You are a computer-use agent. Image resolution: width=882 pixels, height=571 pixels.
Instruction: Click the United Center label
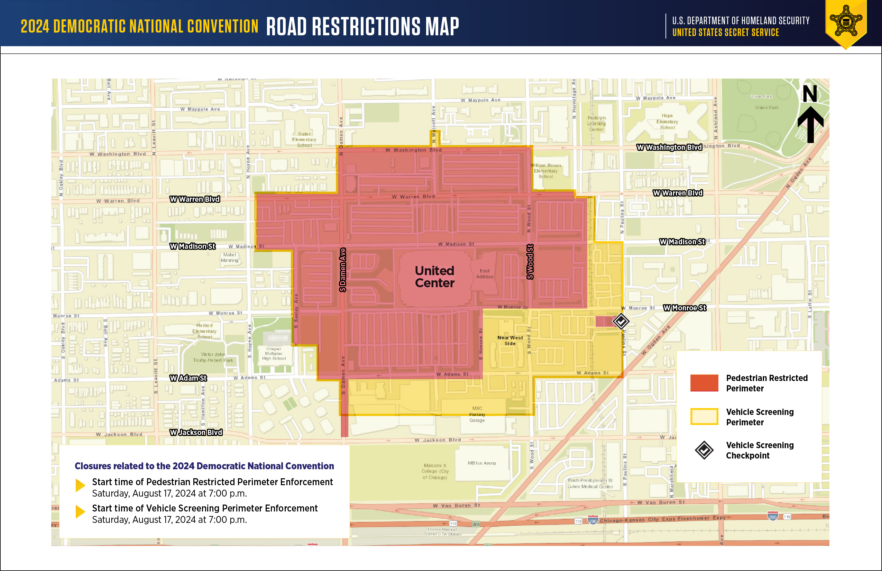434,277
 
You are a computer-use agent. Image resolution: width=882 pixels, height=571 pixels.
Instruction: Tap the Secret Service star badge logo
846,21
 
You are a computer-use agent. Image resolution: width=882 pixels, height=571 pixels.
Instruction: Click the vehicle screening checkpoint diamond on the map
621,321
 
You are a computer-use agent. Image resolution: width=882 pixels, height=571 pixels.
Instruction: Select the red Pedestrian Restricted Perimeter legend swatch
704,383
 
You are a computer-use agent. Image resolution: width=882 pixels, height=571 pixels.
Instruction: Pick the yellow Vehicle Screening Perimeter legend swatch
704,416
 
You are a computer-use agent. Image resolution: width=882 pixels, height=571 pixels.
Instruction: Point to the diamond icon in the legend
704,450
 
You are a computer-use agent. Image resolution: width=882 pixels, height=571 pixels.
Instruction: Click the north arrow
810,115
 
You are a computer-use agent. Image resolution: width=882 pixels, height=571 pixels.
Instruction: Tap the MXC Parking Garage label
477,414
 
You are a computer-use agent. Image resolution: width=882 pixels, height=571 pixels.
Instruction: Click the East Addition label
484,274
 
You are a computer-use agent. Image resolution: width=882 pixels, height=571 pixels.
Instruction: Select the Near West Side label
510,341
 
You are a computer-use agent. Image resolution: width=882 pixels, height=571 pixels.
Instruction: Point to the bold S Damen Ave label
343,270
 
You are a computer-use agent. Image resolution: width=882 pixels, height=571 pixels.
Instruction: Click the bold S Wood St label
530,261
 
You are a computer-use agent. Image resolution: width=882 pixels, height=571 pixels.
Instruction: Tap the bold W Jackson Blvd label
196,432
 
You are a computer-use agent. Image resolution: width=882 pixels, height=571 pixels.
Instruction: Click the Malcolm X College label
435,471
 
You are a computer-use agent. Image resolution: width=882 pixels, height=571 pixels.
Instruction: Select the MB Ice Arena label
481,463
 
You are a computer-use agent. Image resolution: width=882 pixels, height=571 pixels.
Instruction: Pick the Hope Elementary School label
667,121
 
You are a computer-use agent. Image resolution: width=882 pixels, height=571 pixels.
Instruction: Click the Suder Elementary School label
304,139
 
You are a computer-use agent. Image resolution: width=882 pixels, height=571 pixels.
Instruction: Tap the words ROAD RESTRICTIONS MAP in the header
362,26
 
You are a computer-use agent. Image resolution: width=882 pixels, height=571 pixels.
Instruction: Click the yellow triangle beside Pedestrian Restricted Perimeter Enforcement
80,485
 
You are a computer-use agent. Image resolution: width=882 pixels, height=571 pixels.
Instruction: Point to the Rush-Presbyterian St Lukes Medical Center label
590,483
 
